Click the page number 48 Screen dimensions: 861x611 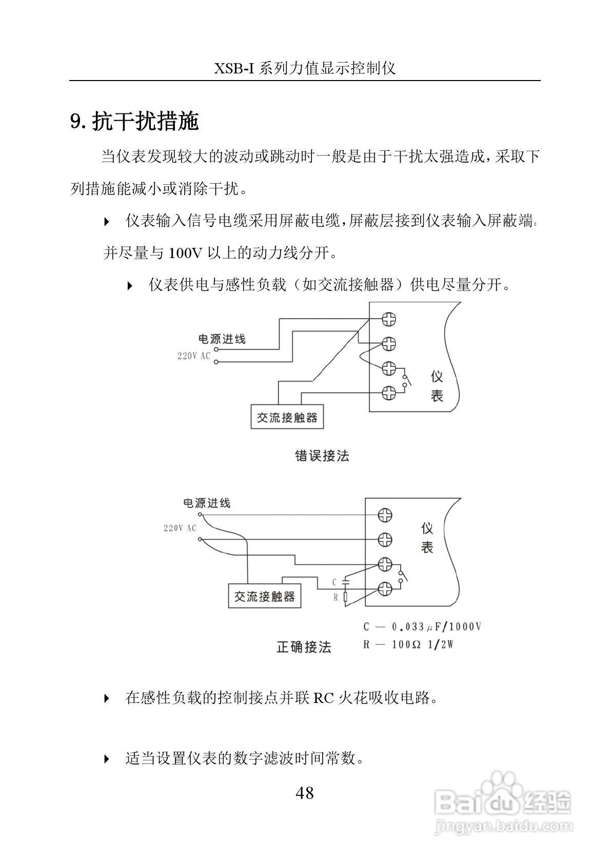click(304, 793)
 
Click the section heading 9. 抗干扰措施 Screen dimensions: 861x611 click(134, 122)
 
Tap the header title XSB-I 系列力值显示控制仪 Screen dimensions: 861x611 click(305, 68)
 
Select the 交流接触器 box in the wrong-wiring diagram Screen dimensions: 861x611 click(287, 417)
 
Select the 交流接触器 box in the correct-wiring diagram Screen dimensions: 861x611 click(265, 596)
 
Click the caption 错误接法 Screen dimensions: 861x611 click(322, 456)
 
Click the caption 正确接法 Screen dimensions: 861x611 click(304, 647)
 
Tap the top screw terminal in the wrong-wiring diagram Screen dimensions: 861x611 click(389, 319)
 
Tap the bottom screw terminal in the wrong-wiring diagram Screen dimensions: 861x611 click(389, 393)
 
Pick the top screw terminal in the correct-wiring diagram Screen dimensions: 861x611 click(385, 515)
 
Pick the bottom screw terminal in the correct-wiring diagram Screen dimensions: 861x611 click(385, 589)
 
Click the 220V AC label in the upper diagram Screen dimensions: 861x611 click(194, 356)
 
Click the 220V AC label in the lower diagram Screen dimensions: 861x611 click(180, 528)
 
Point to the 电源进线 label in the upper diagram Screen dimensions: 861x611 click(222, 339)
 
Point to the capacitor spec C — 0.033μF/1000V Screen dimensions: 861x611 click(422, 627)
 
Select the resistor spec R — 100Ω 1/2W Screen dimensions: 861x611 click(408, 644)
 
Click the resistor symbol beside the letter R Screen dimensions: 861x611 click(346, 597)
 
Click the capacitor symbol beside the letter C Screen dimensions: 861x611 click(346, 582)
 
